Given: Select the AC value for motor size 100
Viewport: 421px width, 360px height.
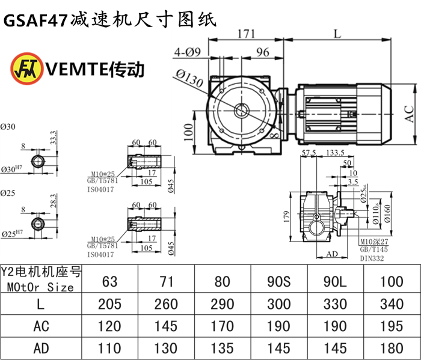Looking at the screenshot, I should pos(393,326).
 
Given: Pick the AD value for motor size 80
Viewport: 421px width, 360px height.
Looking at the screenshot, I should pos(223,349).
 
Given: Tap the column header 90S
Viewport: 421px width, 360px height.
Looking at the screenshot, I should pos(278,279).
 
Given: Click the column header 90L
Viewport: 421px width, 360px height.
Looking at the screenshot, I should pos(336,279).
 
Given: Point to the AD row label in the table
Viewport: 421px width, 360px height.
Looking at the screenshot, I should pos(40,349).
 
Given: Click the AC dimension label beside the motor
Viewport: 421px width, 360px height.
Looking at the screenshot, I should pos(409,114).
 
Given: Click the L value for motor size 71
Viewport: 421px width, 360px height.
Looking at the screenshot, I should pos(165,304).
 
